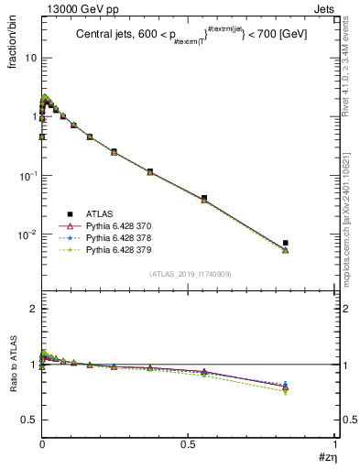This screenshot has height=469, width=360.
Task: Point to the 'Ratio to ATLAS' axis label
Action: (13, 365)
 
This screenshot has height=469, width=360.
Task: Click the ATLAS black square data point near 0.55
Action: (203, 198)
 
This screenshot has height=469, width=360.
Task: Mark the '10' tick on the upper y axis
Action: (29, 58)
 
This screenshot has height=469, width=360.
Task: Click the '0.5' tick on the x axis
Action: (188, 444)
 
